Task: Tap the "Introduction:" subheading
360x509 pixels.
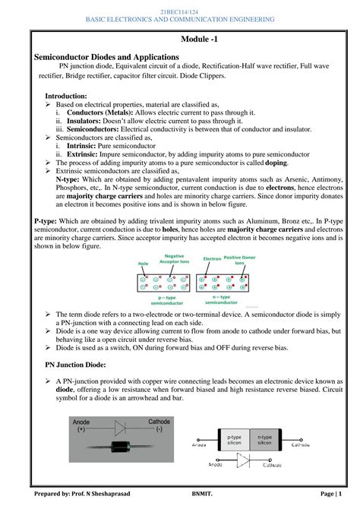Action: (66, 96)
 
